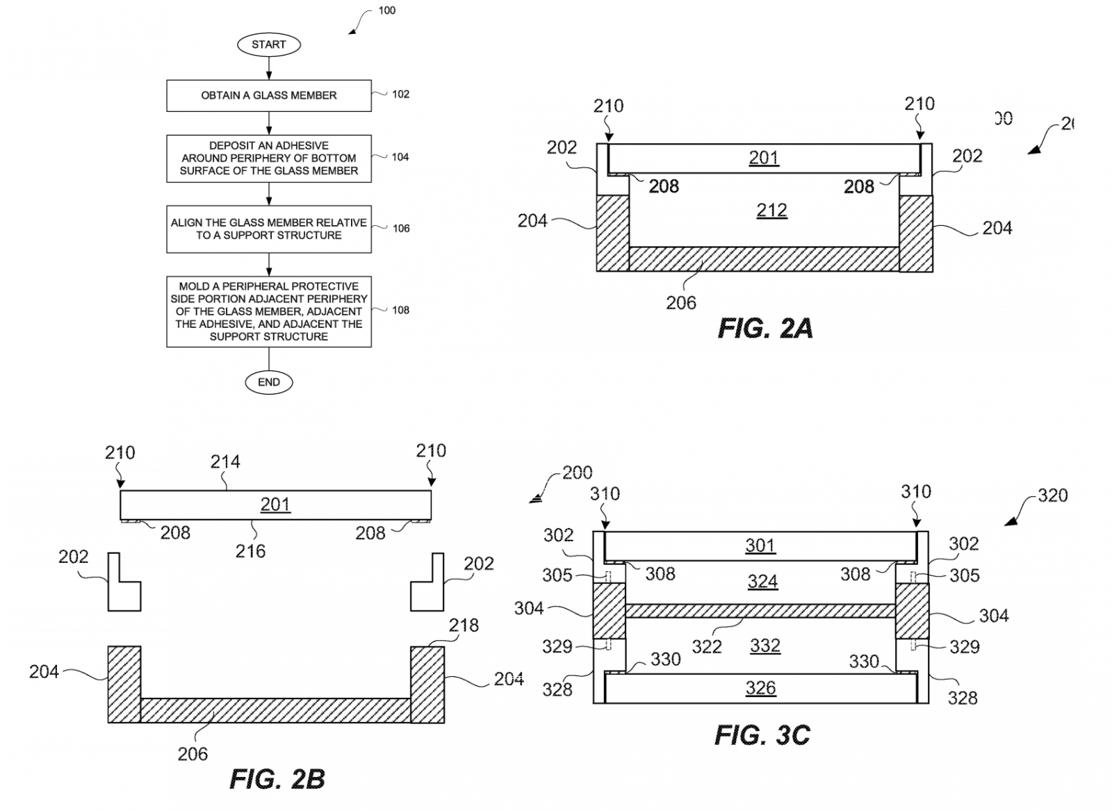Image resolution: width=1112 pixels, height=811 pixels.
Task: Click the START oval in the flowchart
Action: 268,44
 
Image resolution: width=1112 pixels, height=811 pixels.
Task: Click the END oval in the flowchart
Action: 268,382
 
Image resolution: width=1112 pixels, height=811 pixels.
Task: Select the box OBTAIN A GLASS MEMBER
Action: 268,95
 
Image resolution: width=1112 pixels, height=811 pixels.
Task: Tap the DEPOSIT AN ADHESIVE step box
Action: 268,158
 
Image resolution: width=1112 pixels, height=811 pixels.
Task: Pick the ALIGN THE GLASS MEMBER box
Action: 268,229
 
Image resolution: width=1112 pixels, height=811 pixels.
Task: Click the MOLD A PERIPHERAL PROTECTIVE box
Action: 268,311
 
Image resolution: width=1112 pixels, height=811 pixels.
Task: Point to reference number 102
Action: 400,95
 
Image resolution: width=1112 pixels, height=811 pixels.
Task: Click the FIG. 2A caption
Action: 764,328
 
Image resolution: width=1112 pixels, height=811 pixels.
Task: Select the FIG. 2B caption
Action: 277,779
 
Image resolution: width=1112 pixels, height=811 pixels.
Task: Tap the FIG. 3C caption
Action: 762,735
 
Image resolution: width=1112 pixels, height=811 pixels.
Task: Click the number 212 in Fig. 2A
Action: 771,210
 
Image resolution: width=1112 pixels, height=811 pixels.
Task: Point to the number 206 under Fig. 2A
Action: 681,302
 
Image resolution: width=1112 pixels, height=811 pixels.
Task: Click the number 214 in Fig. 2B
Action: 225,461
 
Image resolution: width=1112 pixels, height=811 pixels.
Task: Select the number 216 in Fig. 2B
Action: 250,551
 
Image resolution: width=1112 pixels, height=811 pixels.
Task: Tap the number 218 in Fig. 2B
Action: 464,625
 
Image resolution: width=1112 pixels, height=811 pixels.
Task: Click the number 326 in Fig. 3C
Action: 760,688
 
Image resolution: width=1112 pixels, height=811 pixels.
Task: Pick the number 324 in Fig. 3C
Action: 762,581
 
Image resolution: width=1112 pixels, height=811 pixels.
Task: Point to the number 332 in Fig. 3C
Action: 765,646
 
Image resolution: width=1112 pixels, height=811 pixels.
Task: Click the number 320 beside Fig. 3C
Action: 1052,495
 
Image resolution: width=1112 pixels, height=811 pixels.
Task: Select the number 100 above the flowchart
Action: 386,10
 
